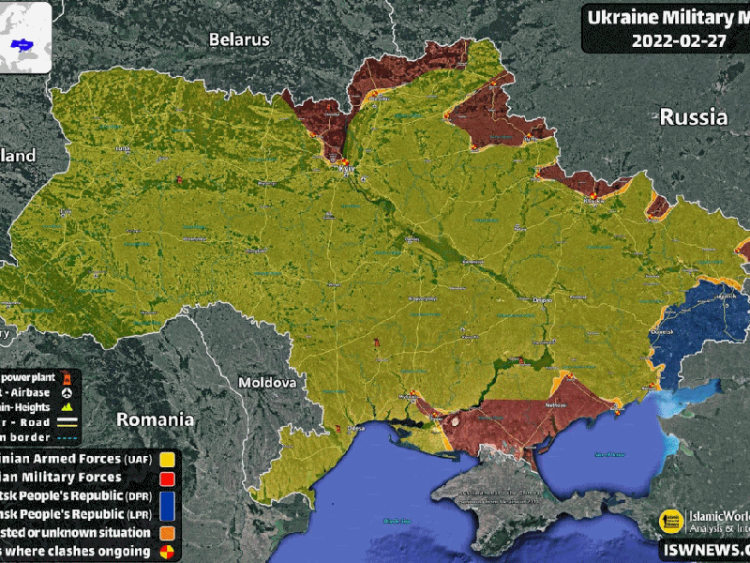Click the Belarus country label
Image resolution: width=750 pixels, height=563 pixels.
(239, 39)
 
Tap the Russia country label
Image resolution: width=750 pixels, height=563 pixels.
(693, 117)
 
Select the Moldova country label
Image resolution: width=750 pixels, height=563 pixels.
(267, 383)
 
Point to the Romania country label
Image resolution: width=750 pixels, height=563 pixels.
(155, 419)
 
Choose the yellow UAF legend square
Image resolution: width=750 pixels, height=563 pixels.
(168, 460)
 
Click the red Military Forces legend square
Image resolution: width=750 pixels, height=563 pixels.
(168, 478)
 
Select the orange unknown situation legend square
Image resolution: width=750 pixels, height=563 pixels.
(168, 533)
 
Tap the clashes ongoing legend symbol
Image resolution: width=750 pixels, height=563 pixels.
(168, 551)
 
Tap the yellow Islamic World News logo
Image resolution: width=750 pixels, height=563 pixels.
(670, 521)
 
